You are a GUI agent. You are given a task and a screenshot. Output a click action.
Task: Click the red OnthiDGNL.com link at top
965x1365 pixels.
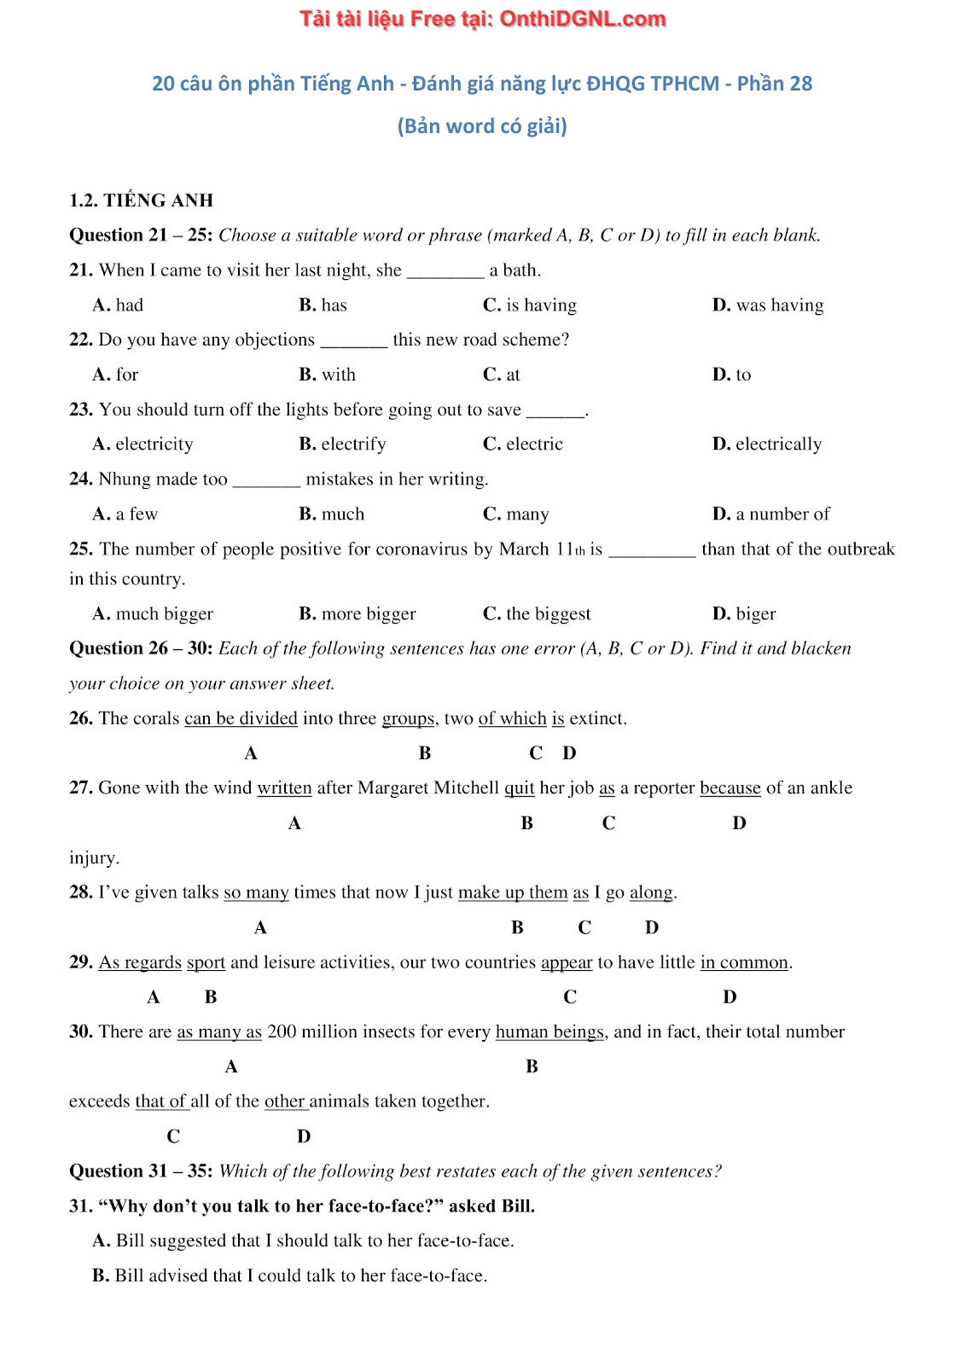pyautogui.click(x=482, y=19)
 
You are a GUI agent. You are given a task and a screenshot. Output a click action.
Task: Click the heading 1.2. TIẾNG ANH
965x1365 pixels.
pyautogui.click(x=141, y=200)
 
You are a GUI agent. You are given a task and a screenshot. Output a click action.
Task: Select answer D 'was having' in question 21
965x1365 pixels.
pyautogui.click(x=768, y=305)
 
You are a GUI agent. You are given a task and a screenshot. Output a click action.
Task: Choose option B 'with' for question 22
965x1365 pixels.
pyautogui.click(x=327, y=375)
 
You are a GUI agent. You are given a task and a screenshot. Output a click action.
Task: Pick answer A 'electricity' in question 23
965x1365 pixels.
pyautogui.click(x=142, y=444)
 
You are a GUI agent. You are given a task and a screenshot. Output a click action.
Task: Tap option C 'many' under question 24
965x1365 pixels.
pyautogui.click(x=516, y=514)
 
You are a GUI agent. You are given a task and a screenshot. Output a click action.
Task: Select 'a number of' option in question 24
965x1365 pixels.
pyautogui.click(x=771, y=514)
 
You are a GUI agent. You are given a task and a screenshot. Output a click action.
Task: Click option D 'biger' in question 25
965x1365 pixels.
pyautogui.click(x=744, y=613)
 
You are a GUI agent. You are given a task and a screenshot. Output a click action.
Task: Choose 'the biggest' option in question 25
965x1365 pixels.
pyautogui.click(x=537, y=613)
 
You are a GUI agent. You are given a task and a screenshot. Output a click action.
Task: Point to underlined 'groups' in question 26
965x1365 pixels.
pyautogui.click(x=408, y=718)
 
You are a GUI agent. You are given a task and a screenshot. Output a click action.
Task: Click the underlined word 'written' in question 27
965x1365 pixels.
pyautogui.click(x=284, y=787)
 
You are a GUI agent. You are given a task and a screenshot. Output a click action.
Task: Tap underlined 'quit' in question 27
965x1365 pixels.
pyautogui.click(x=519, y=787)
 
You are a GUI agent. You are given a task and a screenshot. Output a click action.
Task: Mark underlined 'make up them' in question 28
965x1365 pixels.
pyautogui.click(x=513, y=892)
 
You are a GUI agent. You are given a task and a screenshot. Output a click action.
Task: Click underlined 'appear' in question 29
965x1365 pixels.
pyautogui.click(x=567, y=962)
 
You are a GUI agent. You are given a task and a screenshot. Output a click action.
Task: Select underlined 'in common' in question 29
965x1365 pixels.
pyautogui.click(x=744, y=962)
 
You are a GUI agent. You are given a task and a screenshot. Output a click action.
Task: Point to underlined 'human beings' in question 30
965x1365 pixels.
pyautogui.click(x=549, y=1031)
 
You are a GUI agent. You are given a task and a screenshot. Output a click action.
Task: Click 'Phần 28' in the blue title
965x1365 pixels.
pyautogui.click(x=774, y=84)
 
